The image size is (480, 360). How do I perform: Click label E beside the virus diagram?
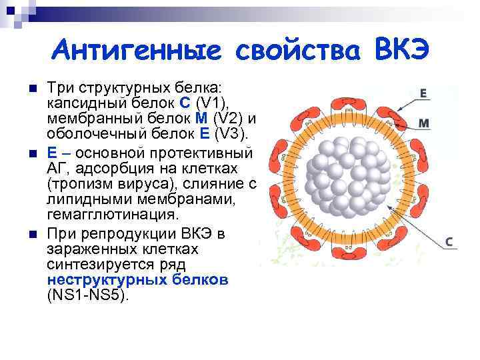pos(424,94)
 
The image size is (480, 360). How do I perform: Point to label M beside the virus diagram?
pos(424,123)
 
